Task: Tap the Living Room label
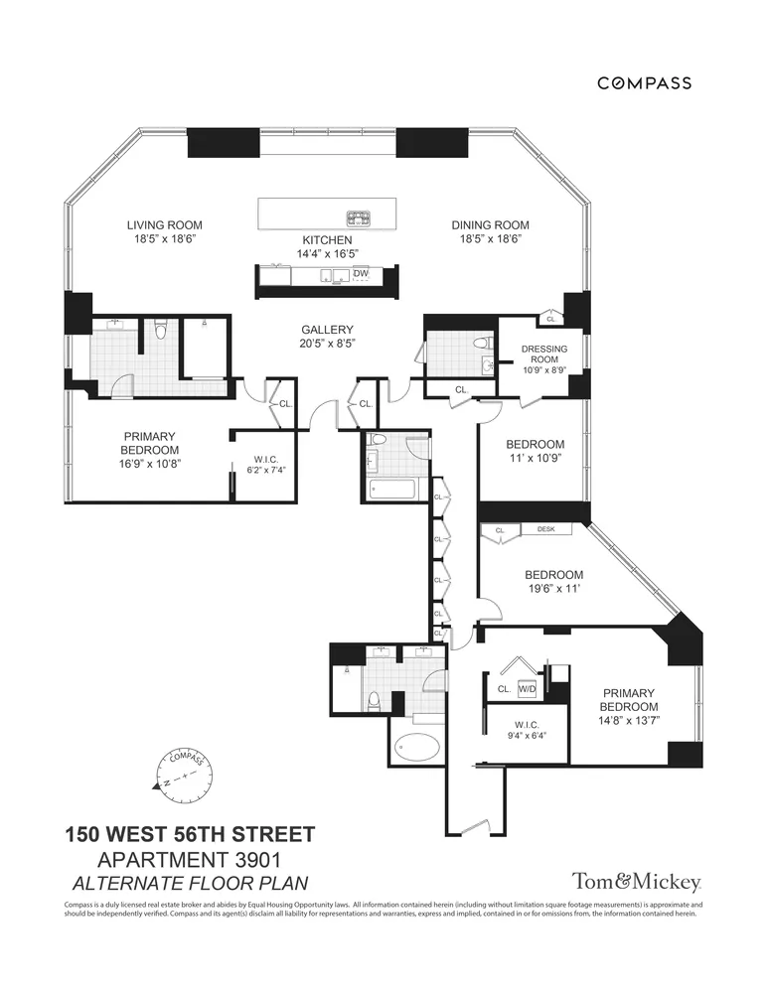tap(172, 225)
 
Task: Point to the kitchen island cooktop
tap(358, 217)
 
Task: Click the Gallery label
tap(328, 330)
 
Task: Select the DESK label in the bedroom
tap(545, 530)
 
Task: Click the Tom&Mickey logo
tap(637, 882)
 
